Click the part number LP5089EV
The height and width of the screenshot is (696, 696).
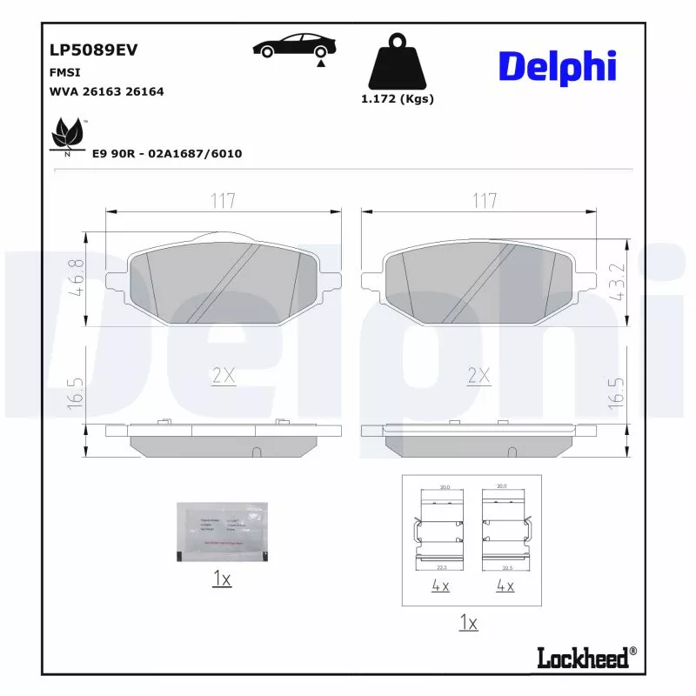94,50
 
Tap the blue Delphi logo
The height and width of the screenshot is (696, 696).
558,66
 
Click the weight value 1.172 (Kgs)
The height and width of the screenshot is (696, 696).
398,99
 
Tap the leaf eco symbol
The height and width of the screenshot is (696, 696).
67,135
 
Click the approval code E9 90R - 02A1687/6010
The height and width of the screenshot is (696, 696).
167,154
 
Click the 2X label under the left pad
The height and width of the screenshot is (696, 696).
224,376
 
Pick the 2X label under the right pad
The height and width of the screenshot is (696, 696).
479,376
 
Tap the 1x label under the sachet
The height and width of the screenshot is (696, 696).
221,579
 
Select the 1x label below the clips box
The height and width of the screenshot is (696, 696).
468,623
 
